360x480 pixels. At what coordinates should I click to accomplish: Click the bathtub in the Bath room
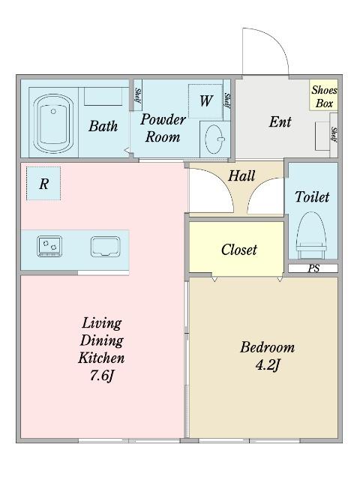(x=53, y=123)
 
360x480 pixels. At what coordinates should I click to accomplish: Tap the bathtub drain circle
(x=53, y=111)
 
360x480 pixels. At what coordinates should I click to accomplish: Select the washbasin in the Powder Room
(x=215, y=139)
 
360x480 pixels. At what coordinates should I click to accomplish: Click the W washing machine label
(x=206, y=100)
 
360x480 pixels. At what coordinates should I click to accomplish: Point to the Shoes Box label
(x=324, y=97)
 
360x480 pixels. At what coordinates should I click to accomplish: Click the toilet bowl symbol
(x=312, y=235)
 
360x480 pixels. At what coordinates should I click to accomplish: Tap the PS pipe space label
(x=313, y=268)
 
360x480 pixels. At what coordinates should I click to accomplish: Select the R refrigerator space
(x=43, y=183)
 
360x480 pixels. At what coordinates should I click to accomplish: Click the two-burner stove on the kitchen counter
(x=49, y=246)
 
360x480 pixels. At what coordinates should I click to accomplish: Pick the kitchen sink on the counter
(x=105, y=247)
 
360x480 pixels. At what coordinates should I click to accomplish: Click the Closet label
(x=239, y=250)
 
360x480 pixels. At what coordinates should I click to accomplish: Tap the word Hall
(x=241, y=175)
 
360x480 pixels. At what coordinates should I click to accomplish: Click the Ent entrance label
(x=280, y=121)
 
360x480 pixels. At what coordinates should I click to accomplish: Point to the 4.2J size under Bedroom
(x=268, y=365)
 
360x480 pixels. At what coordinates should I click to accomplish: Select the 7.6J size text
(x=102, y=375)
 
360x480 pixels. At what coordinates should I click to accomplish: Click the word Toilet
(x=312, y=196)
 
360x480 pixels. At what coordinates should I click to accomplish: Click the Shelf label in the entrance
(x=334, y=135)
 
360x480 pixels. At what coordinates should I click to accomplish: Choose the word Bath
(x=103, y=126)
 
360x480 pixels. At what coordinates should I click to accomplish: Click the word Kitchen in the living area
(x=101, y=358)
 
